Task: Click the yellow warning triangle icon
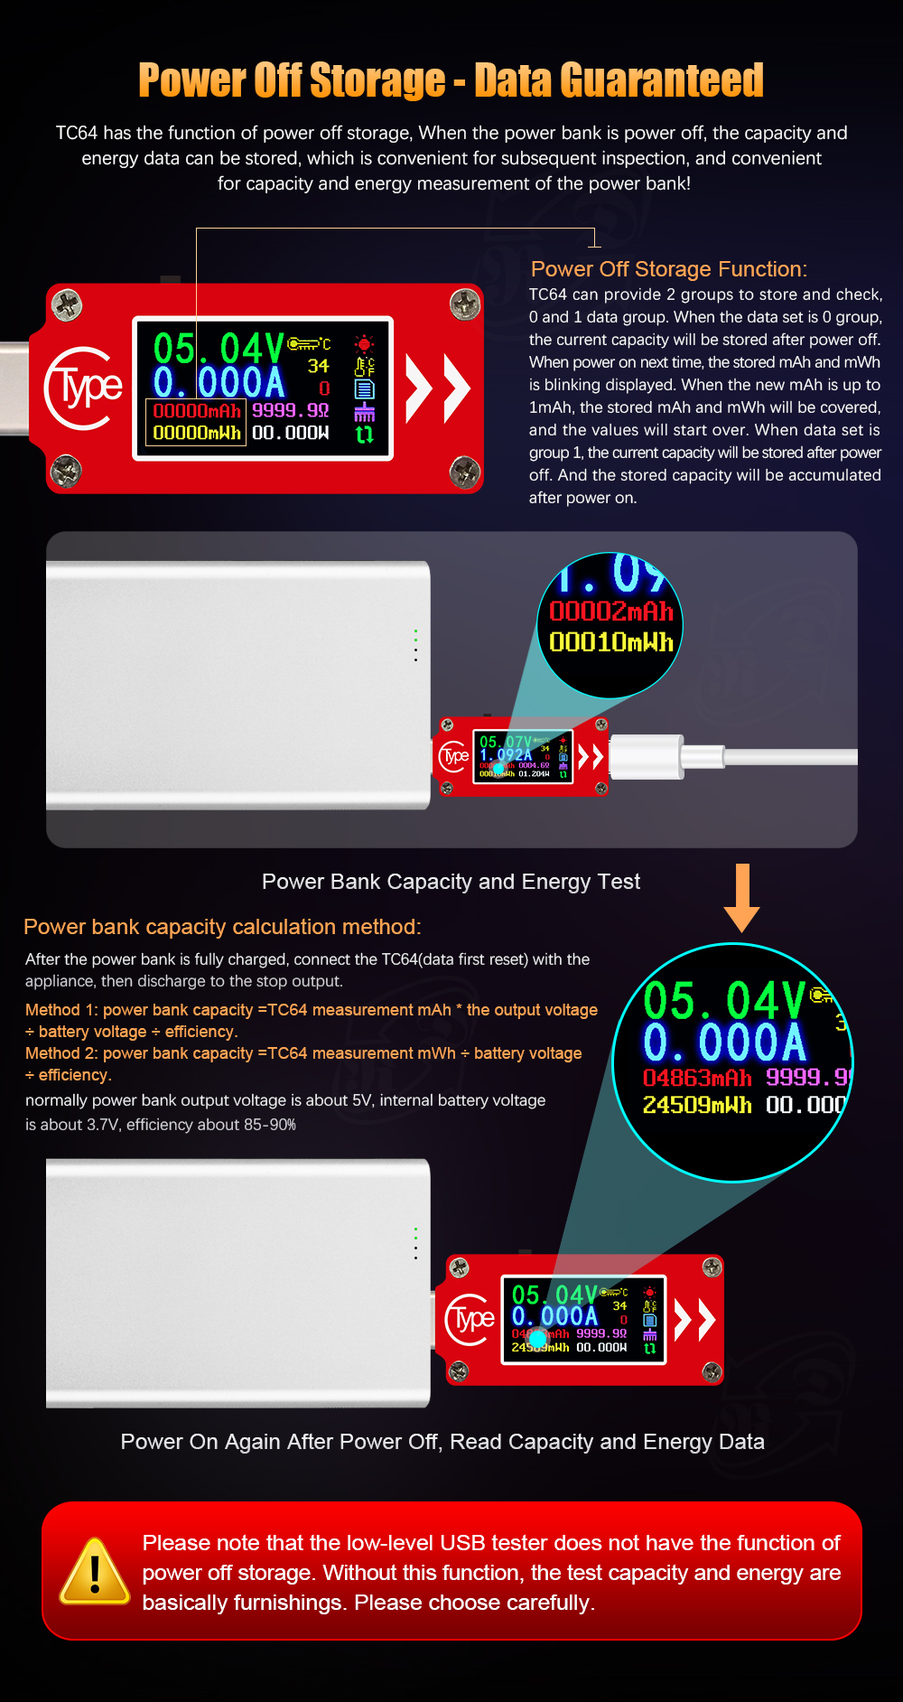95,1572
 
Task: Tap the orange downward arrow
741,899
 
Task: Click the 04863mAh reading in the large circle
697,1078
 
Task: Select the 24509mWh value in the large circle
696,1105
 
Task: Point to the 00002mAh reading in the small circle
611,612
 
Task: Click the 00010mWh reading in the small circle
611,642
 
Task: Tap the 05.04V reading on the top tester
219,349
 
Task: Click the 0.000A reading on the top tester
219,383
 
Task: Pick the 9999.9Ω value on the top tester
290,410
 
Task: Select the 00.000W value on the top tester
290,434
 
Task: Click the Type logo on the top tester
83,388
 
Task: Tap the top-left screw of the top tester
67,304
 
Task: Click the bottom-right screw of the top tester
464,471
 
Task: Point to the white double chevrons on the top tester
438,388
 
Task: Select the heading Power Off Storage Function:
668,269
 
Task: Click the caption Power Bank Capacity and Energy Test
451,882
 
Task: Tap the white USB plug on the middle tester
647,757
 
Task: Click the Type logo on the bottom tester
470,1320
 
